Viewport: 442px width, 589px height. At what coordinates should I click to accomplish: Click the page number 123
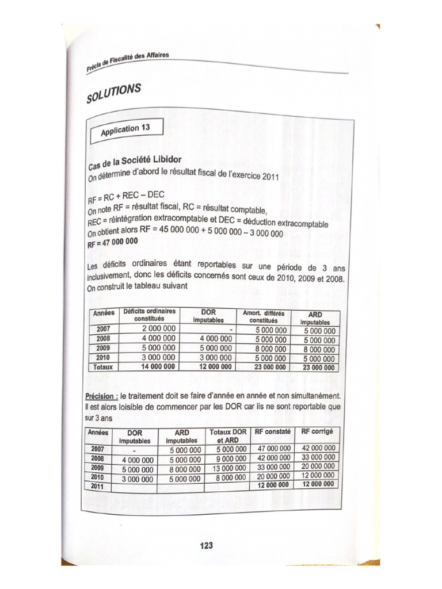(205, 545)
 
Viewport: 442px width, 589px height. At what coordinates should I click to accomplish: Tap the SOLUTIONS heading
(113, 92)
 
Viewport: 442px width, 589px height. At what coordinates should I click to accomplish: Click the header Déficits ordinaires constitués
(149, 315)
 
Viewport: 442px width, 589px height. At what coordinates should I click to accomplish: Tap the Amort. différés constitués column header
(264, 316)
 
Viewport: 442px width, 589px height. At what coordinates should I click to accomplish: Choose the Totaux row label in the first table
(104, 366)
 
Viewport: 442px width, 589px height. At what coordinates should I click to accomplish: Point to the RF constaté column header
(272, 432)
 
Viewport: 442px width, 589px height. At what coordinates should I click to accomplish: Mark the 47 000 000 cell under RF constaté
(272, 448)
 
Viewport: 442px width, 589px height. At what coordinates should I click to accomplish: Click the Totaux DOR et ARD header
(228, 435)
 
